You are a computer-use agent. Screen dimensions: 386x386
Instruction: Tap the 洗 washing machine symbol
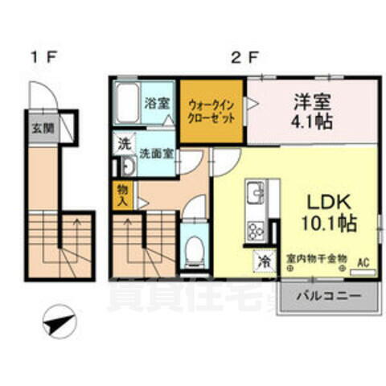(x=124, y=145)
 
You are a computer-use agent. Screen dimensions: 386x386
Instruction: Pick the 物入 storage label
(x=121, y=194)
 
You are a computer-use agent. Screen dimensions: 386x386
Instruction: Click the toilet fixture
(x=194, y=248)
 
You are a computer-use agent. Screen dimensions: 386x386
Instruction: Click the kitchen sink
(x=255, y=195)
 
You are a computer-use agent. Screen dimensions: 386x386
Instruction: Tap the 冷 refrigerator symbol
(x=264, y=261)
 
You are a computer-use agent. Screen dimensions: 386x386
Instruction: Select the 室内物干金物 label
(x=316, y=259)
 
